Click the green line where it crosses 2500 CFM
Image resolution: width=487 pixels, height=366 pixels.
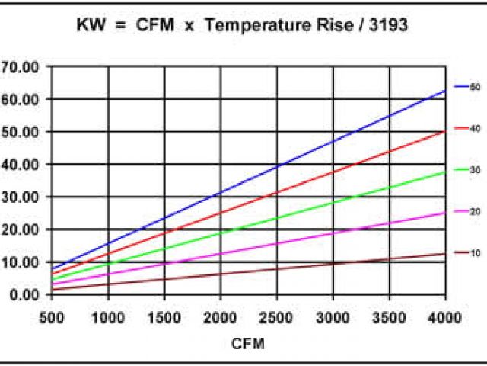277,218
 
